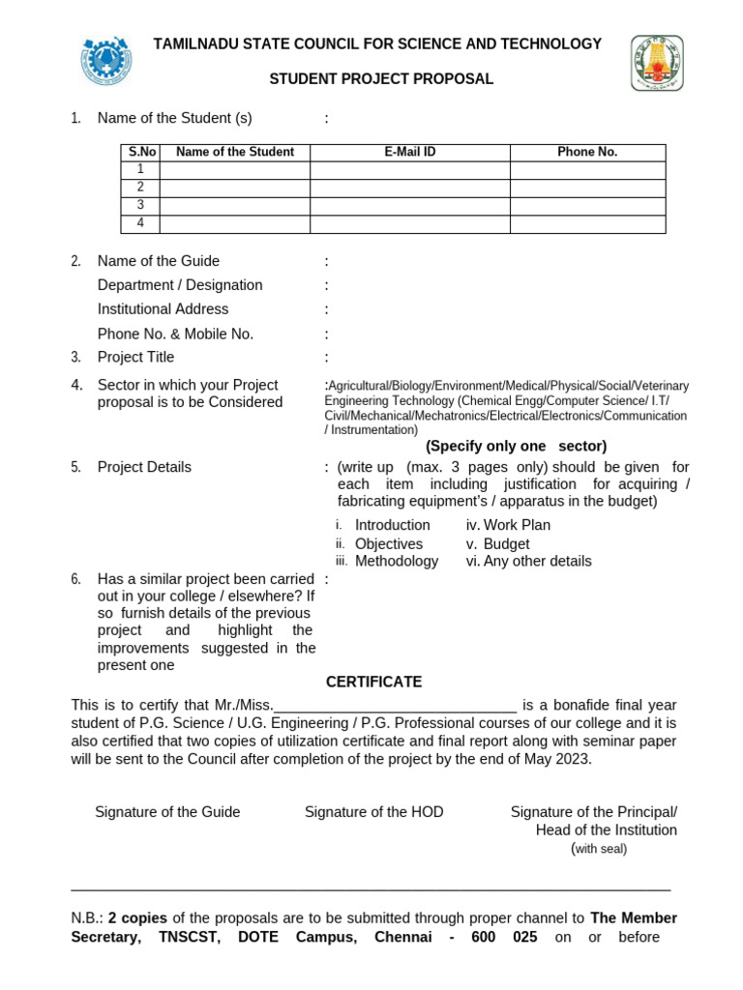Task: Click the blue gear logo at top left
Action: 106,61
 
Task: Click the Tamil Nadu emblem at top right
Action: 657,63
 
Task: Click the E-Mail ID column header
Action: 409,152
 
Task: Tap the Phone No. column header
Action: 587,152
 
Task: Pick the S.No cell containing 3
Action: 140,206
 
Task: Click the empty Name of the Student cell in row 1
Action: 234,170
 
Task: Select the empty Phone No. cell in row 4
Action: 587,224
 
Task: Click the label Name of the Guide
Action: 159,261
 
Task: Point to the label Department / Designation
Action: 180,285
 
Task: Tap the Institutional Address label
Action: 163,309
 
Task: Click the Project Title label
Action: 136,358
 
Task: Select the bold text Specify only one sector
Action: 516,446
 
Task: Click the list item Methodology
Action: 397,561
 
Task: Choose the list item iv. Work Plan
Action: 508,525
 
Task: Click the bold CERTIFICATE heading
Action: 373,682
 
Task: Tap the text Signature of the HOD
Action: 373,812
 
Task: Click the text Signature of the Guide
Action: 167,812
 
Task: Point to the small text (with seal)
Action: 599,849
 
